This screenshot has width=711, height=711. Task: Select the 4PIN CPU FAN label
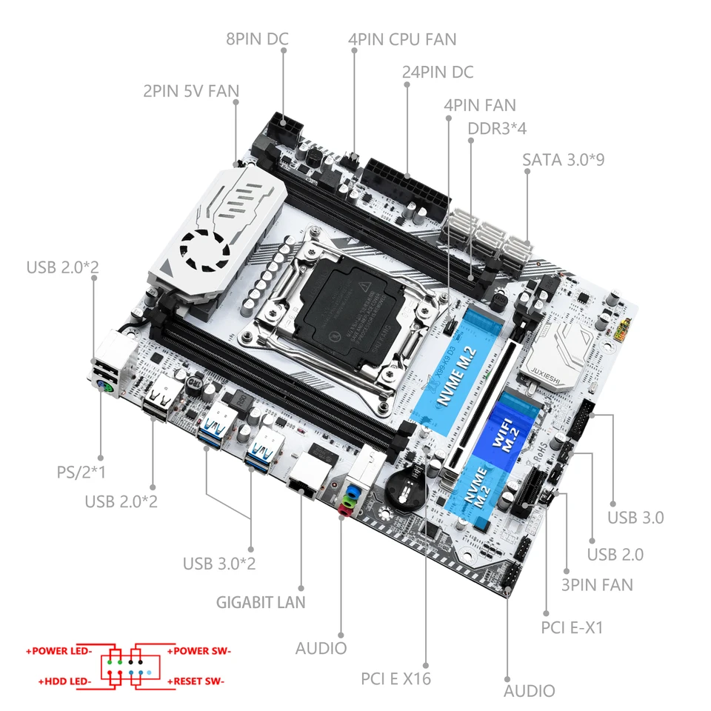[401, 39]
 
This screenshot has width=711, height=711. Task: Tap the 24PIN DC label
[437, 72]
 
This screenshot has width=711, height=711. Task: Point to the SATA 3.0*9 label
[563, 159]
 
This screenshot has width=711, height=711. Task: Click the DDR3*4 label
[497, 128]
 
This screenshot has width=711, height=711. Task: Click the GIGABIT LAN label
[261, 602]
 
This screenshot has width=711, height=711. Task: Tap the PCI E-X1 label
[573, 628]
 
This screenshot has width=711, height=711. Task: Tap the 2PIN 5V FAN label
[191, 91]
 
